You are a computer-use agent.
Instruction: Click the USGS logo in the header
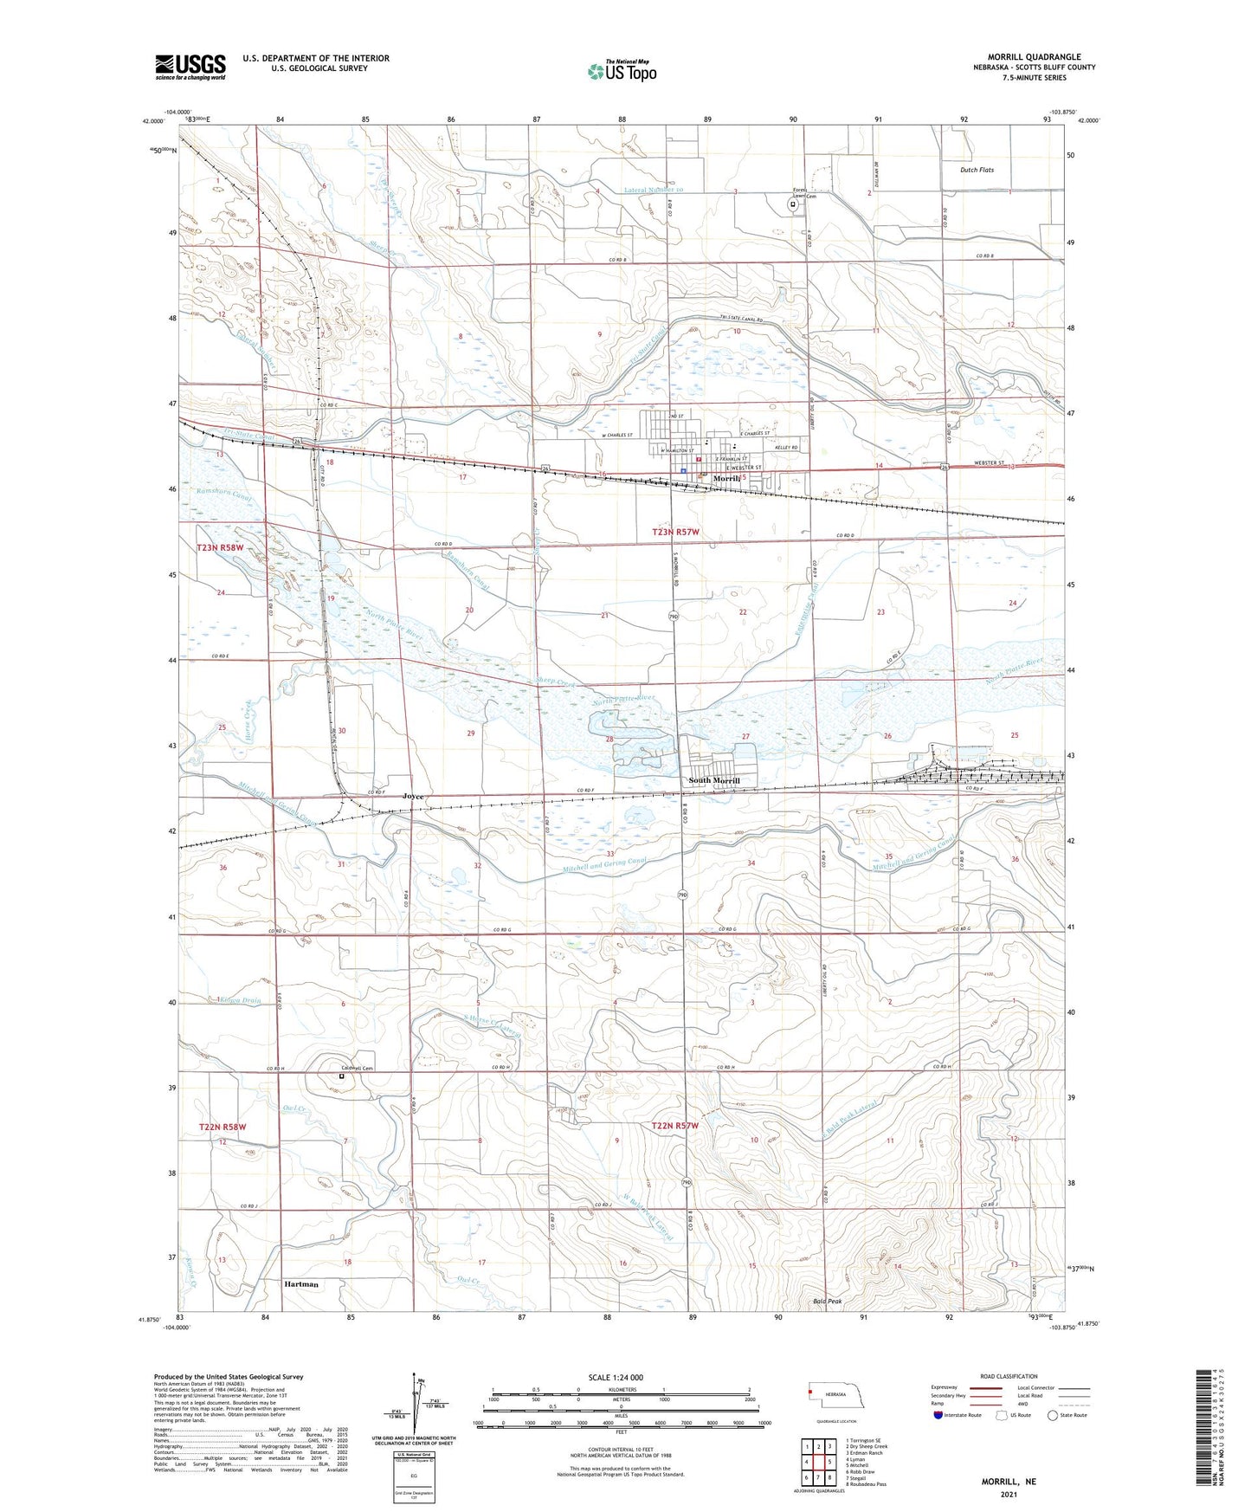point(190,67)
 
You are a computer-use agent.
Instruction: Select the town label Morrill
point(725,478)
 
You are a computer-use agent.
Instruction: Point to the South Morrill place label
point(713,780)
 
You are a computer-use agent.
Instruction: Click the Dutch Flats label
point(977,170)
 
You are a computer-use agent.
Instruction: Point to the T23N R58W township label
point(221,548)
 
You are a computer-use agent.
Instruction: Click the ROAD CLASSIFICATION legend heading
point(1008,1376)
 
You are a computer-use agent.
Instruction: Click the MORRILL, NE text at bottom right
point(1009,1482)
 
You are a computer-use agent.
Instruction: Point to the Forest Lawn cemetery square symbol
point(792,205)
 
